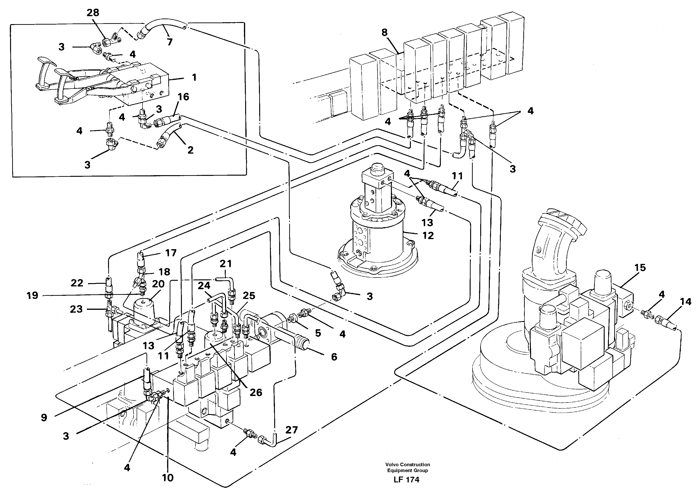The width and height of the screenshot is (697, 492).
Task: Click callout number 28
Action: (93, 13)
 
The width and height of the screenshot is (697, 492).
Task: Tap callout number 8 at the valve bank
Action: (384, 33)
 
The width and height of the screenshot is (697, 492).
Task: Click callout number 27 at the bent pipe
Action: (291, 430)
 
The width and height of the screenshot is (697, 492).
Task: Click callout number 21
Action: (225, 264)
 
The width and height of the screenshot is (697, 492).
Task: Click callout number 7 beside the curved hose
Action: (169, 42)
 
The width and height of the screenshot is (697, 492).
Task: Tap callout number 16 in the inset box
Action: (183, 97)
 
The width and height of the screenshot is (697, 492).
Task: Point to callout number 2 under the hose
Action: (190, 150)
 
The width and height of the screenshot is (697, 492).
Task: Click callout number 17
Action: (171, 253)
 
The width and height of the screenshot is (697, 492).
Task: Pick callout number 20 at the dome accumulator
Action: (158, 284)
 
